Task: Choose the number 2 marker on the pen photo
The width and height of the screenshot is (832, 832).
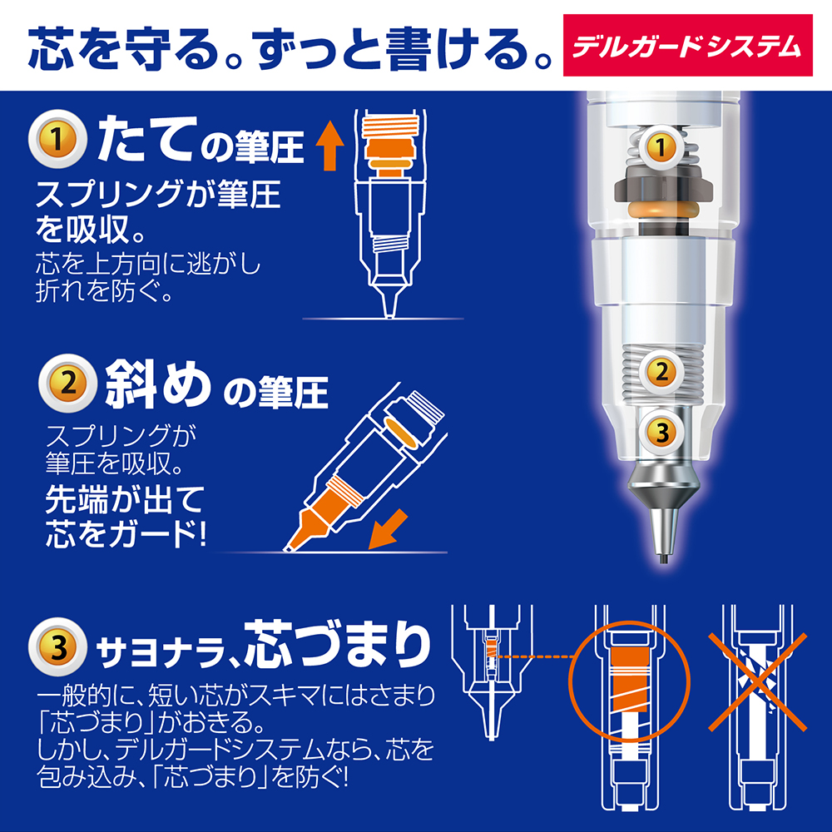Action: (661, 372)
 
